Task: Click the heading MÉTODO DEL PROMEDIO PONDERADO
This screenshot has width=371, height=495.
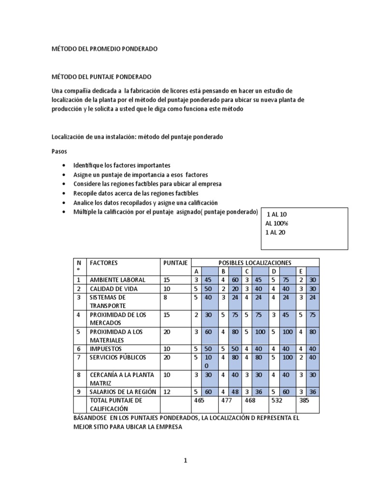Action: point(104,49)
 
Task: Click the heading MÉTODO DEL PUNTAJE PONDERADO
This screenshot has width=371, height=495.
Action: point(101,77)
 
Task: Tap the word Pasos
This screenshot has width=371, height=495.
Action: point(59,151)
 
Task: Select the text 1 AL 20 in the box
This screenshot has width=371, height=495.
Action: point(276,232)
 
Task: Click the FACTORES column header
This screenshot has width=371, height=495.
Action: point(103,263)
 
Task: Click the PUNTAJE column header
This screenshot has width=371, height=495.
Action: point(175,263)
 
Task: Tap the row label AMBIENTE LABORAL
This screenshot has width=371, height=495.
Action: point(117,280)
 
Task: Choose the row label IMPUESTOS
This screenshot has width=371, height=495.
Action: point(105,349)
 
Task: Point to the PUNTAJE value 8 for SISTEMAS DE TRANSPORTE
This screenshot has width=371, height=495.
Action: point(165,298)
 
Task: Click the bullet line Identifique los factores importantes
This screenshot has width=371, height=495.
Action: point(121,165)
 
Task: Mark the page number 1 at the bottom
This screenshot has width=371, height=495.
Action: point(185,461)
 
